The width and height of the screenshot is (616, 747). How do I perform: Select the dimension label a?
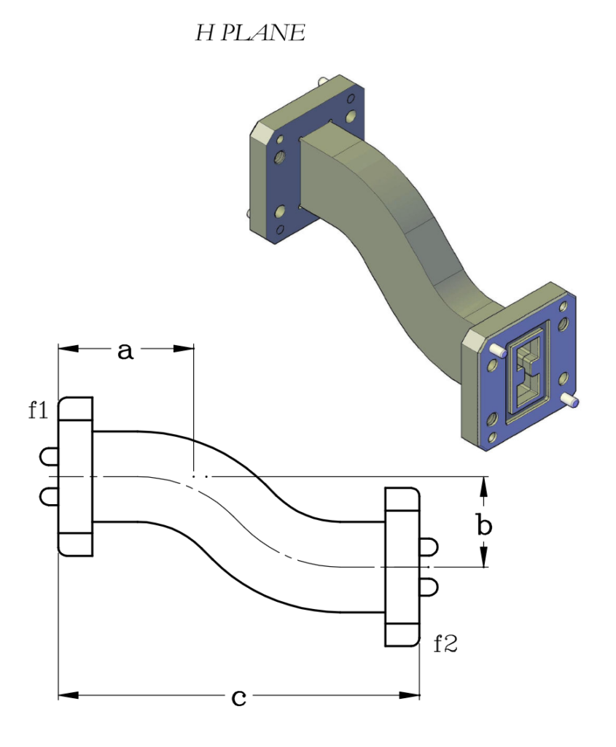click(125, 351)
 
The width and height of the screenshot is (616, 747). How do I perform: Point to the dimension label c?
click(238, 697)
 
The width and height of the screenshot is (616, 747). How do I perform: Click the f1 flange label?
click(38, 411)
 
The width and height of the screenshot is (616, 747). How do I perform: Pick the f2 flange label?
click(445, 644)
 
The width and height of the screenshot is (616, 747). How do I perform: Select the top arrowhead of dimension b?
click(484, 484)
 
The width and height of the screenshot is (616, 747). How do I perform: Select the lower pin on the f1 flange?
click(48, 496)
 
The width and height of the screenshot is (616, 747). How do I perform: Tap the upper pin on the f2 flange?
click(429, 546)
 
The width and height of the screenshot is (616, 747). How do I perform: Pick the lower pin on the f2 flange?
click(429, 585)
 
